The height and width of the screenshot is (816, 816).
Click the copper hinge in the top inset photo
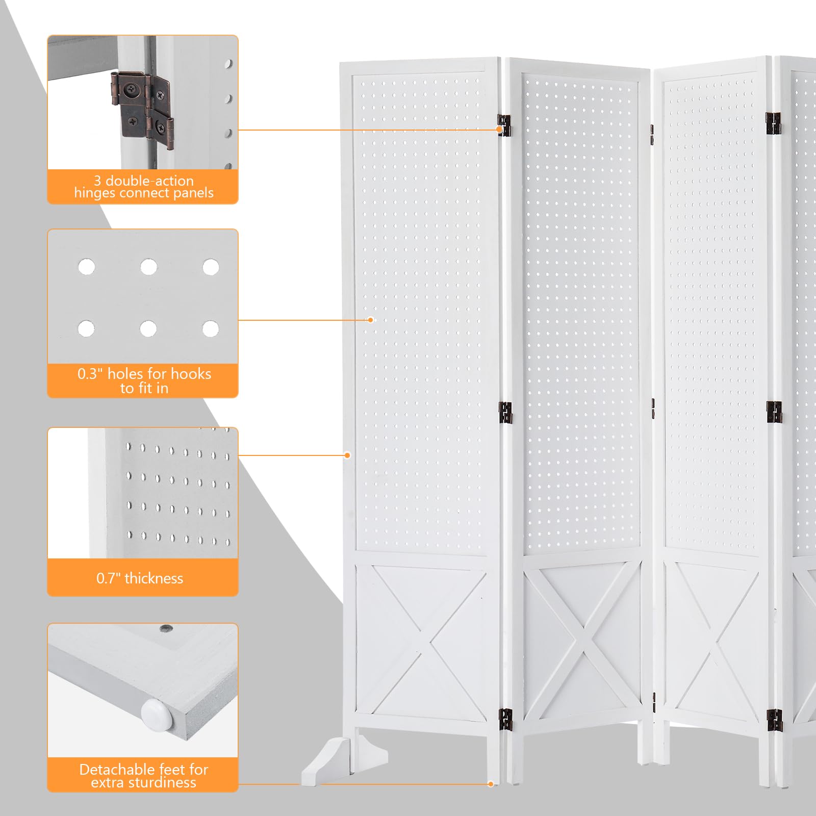point(143,110)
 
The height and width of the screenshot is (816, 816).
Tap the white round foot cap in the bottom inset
point(157,713)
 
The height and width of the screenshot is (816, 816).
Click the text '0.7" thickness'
point(140,578)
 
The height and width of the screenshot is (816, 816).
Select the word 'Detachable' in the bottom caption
point(110,769)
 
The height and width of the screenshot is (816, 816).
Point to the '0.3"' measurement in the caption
point(90,374)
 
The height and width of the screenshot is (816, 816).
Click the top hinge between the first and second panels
point(504,125)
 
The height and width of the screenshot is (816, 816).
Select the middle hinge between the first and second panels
point(505,413)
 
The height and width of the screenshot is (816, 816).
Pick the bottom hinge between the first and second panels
point(505,719)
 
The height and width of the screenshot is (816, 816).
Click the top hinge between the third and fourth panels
point(774,123)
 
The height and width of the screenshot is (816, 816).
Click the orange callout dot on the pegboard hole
point(371,320)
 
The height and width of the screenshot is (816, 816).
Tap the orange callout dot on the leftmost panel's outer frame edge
point(347,455)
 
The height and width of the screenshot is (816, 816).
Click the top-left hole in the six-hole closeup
point(86,266)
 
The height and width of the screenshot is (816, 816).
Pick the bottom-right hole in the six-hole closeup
point(210,329)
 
